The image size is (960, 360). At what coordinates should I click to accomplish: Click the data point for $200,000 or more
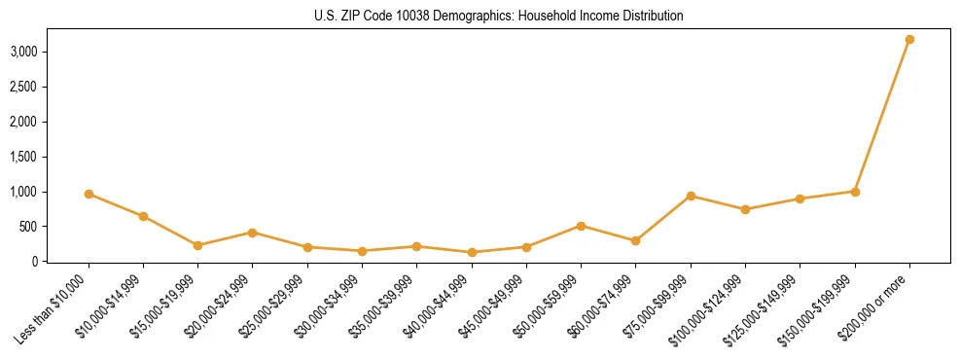pos(909,39)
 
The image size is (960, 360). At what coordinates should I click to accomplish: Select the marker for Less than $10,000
pos(89,194)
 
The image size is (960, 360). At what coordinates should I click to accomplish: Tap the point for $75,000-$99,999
pos(691,196)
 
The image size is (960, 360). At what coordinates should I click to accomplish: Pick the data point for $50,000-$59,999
pos(581,226)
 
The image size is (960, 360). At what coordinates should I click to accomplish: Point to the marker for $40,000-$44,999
pos(472,252)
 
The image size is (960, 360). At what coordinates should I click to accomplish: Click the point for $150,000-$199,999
pos(855,192)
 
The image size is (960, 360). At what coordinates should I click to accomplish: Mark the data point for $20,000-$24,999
pos(253,233)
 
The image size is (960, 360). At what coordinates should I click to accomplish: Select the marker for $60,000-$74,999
pos(636,240)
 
